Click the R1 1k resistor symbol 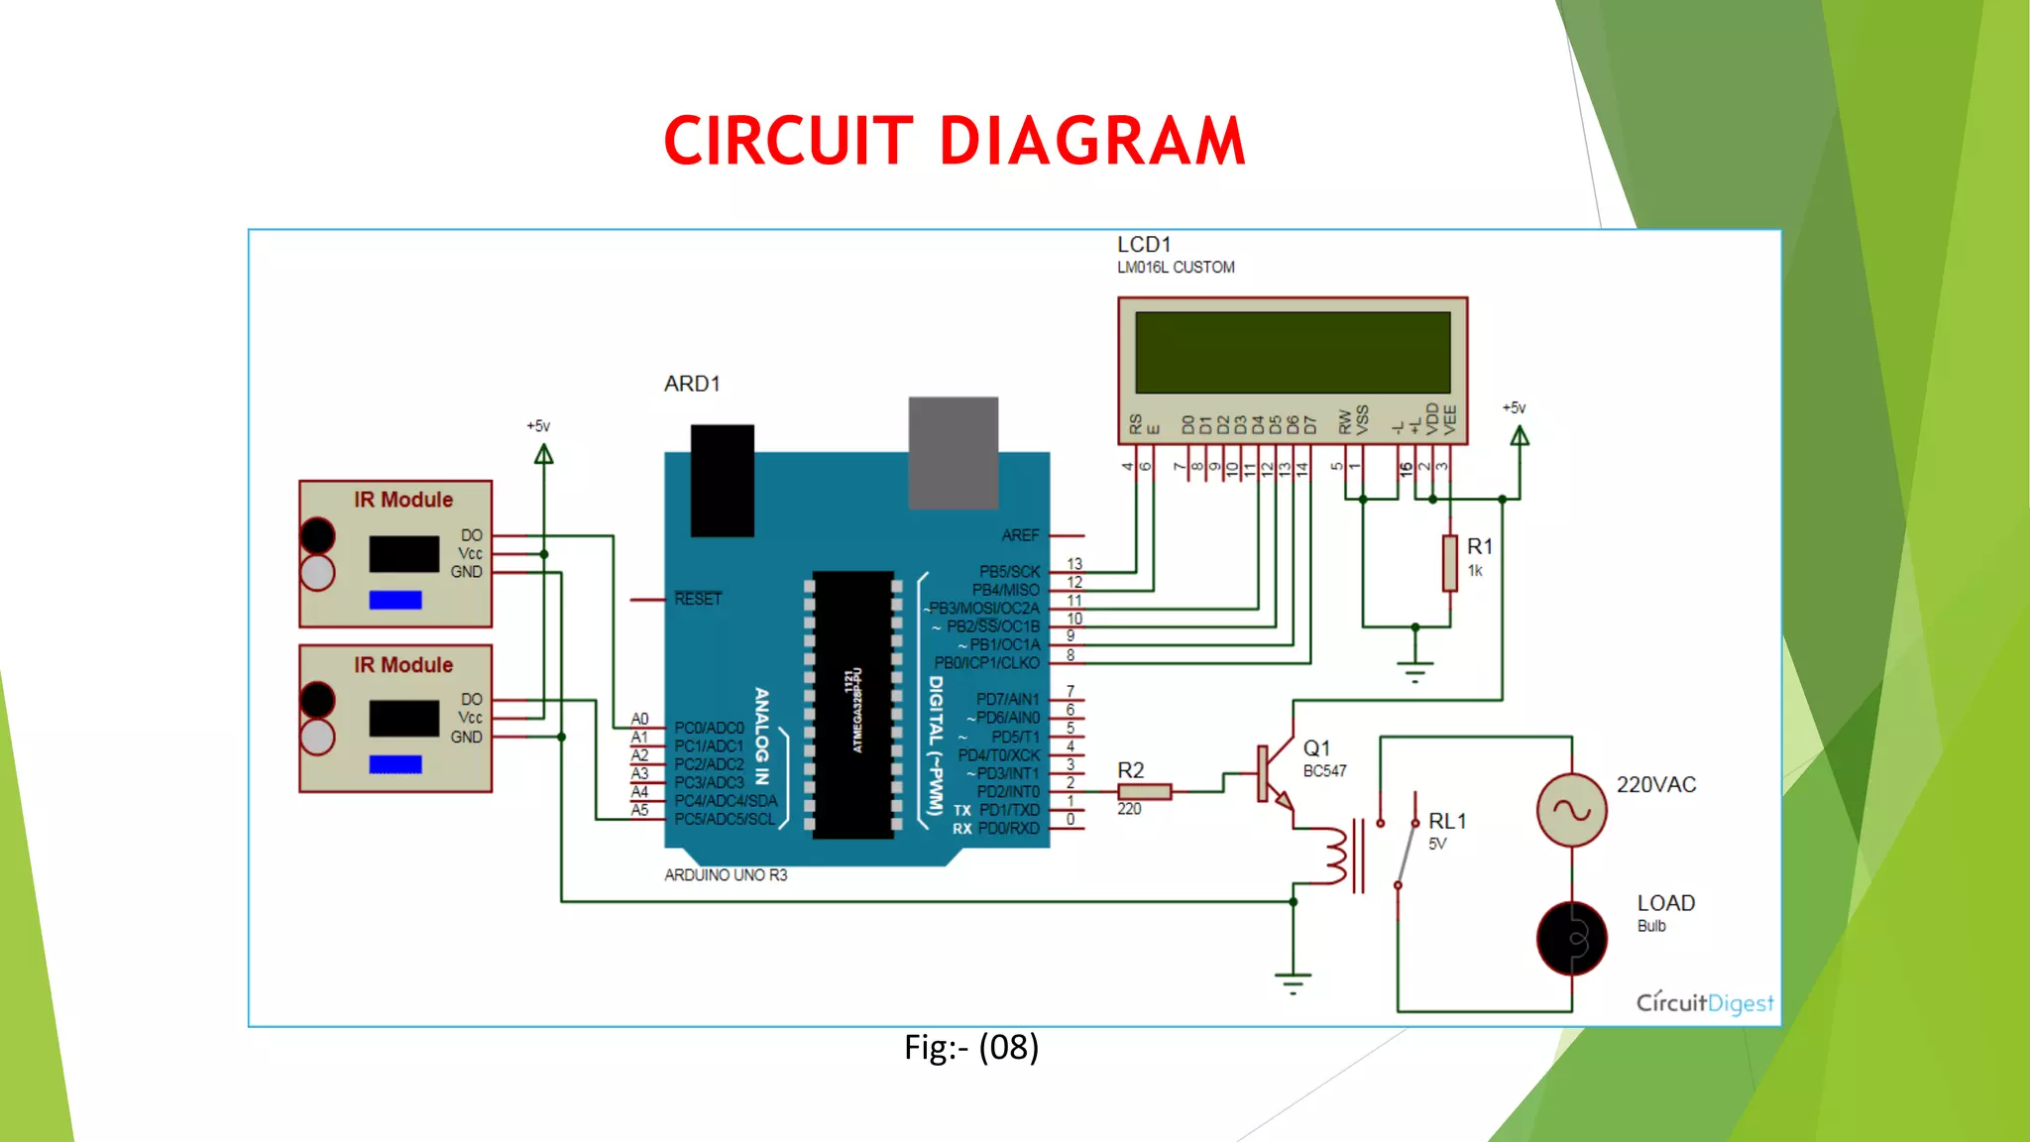(x=1449, y=563)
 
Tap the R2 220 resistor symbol (x=1144, y=791)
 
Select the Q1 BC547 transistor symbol (x=1273, y=773)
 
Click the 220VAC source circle (x=1571, y=810)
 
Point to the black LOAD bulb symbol (x=1571, y=938)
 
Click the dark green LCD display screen (x=1293, y=353)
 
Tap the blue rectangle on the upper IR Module (x=395, y=600)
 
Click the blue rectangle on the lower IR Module (x=395, y=764)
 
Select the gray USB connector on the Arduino (x=953, y=452)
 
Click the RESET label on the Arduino (x=698, y=599)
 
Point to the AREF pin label (x=1020, y=535)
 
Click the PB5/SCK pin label (x=1009, y=572)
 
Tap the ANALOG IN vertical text (x=761, y=736)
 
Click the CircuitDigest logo (x=1704, y=1002)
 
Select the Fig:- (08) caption (x=970, y=1048)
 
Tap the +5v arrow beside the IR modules (x=543, y=455)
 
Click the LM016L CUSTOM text (x=1176, y=268)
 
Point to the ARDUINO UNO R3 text (x=726, y=875)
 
